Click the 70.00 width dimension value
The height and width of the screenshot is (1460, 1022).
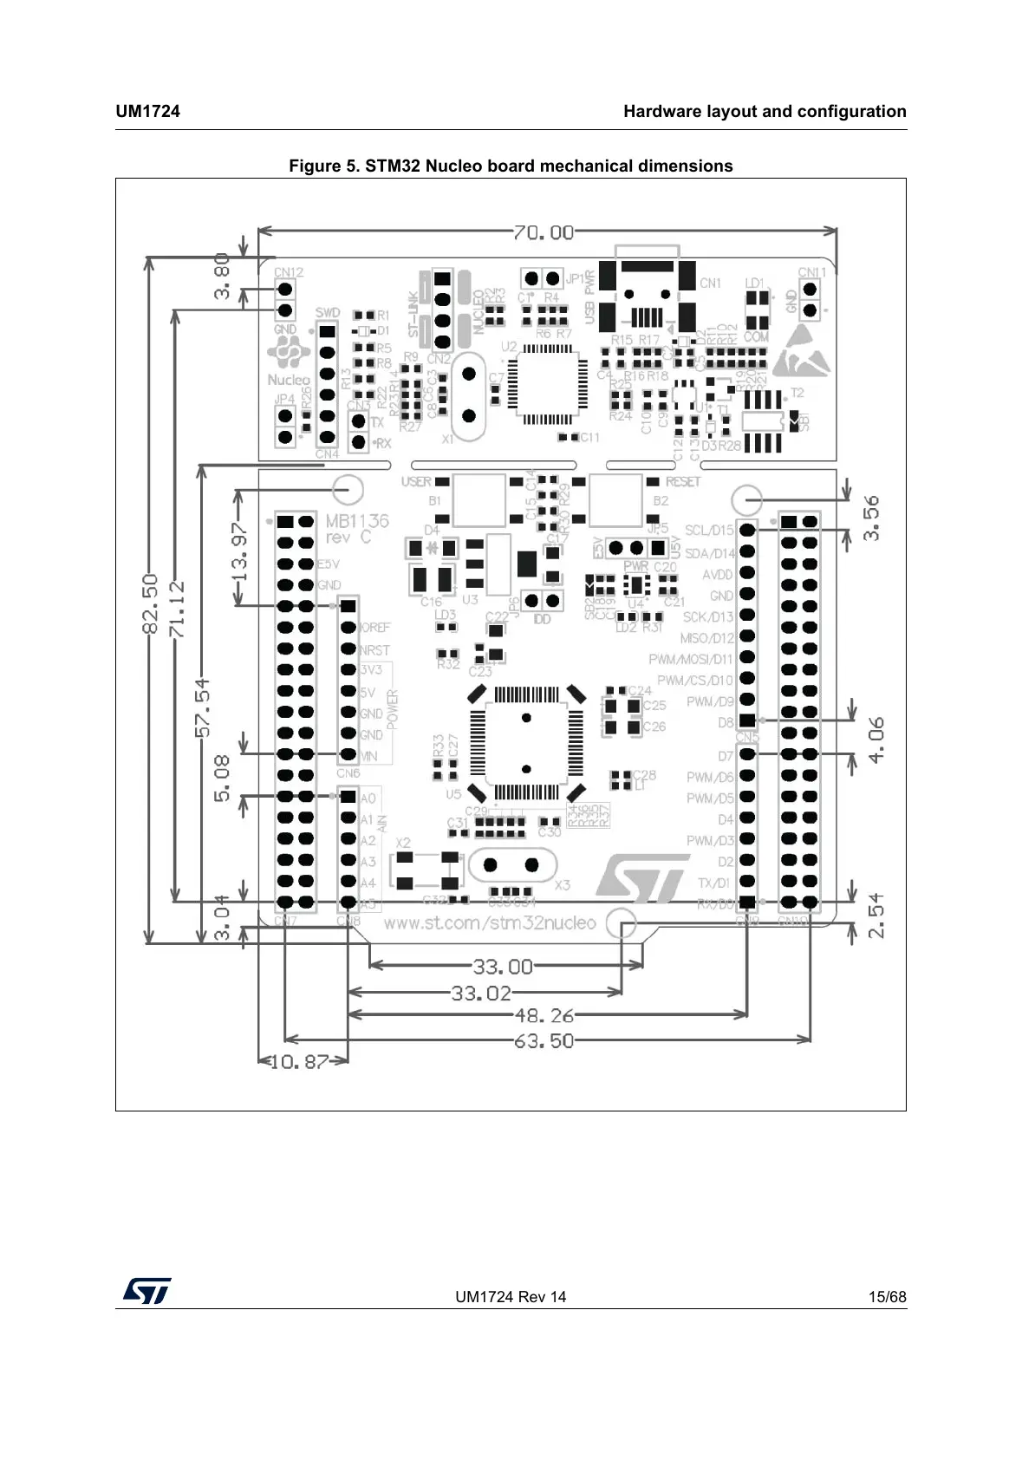tap(544, 232)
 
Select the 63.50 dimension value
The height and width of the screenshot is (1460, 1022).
tap(544, 1040)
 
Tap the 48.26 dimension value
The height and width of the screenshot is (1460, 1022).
tap(544, 1015)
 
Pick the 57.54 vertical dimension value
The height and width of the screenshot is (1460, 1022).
tap(203, 707)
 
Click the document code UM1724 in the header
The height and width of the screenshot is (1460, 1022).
tap(148, 111)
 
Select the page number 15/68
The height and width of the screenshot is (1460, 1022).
tap(887, 1297)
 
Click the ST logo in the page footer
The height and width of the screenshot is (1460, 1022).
tap(146, 1291)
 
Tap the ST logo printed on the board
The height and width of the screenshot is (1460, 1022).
tap(641, 878)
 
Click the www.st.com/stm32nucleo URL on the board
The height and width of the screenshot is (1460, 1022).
tap(490, 922)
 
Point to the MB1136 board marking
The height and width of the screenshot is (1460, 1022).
tap(356, 521)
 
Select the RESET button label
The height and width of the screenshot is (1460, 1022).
tap(683, 481)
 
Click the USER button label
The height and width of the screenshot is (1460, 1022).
tap(416, 481)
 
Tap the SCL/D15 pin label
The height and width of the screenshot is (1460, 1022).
tap(709, 530)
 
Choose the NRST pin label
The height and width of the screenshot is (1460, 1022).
tap(374, 649)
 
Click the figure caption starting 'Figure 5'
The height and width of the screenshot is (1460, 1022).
tap(511, 166)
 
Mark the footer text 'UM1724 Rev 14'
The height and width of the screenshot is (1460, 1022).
tap(511, 1297)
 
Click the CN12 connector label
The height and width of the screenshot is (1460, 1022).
tap(289, 272)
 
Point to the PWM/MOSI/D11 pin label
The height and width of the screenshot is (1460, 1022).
tap(690, 660)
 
